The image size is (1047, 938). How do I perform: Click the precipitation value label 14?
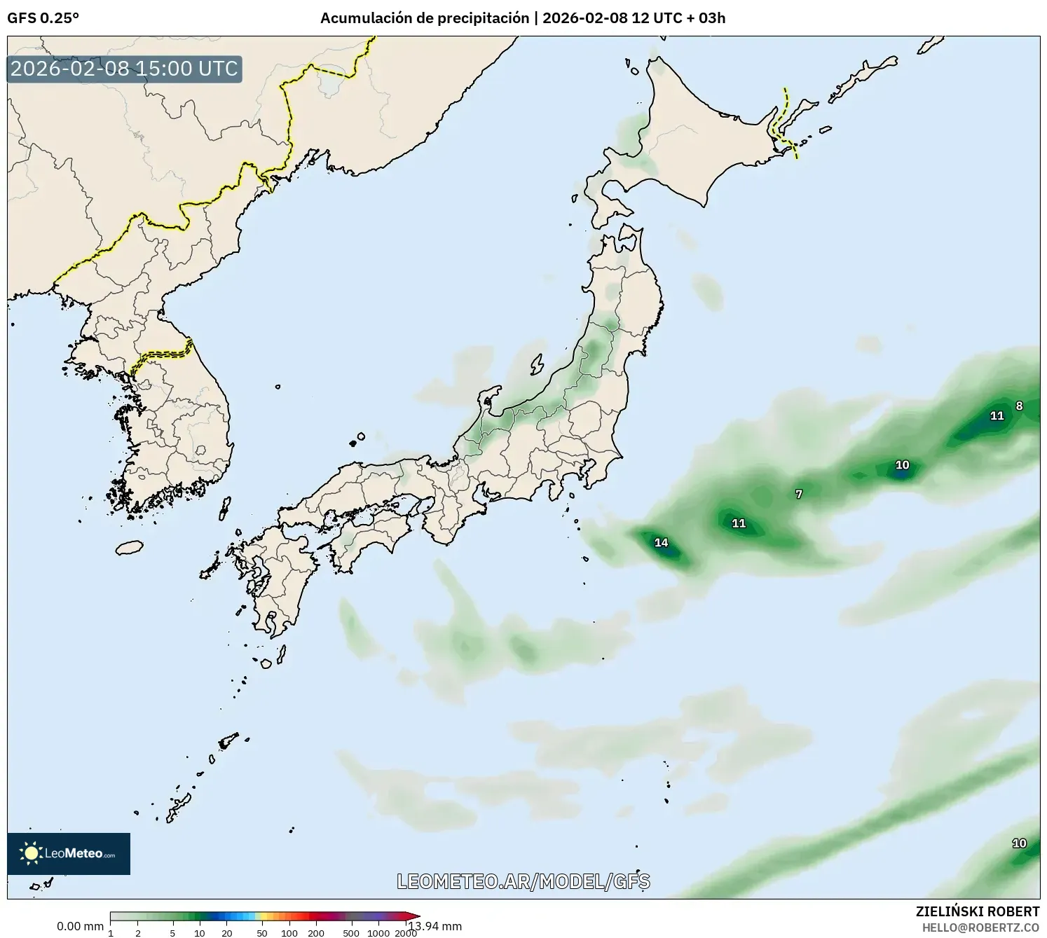(661, 542)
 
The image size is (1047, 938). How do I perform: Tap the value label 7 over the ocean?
(799, 494)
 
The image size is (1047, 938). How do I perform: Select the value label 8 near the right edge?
(1019, 406)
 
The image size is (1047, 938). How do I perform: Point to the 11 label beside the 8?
(997, 415)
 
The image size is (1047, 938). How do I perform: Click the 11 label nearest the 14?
(739, 523)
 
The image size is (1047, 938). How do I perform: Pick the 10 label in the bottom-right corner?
(1019, 843)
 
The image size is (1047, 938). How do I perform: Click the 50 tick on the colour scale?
(262, 932)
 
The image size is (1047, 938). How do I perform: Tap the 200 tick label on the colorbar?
(316, 932)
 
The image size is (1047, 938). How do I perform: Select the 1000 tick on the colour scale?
(378, 932)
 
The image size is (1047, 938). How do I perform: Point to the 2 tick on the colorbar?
(138, 932)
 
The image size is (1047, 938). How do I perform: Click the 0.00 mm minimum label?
(80, 927)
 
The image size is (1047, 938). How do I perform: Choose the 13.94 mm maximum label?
(436, 927)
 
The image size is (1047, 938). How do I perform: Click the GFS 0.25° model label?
(43, 18)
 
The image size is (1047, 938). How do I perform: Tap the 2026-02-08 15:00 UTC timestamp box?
(124, 69)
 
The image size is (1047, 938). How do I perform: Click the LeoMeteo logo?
(69, 853)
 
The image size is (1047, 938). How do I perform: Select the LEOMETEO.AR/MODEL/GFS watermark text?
(523, 881)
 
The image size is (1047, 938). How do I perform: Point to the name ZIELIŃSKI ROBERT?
(978, 911)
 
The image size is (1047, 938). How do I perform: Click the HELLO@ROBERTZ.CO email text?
(980, 927)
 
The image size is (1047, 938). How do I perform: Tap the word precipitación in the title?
(484, 18)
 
